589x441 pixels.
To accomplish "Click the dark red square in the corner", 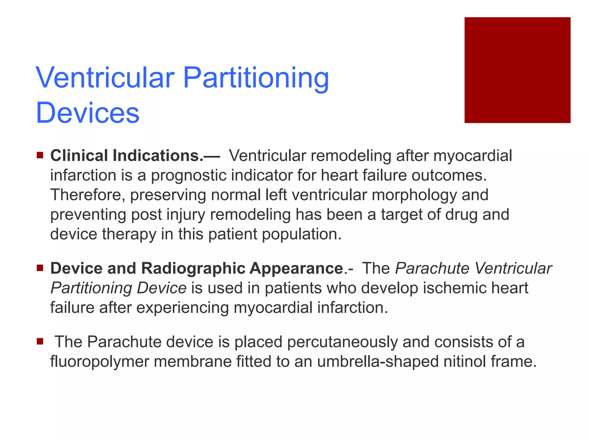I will point(517,70).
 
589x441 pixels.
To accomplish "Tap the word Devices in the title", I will point(88,113).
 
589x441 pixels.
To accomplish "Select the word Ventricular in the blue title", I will point(105,78).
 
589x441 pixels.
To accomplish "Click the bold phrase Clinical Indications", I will point(127,156).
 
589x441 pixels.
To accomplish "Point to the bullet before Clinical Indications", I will point(40,156).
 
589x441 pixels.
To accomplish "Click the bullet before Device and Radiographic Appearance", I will point(40,268).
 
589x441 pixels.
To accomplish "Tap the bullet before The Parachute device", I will point(40,342).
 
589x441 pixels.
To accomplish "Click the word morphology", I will point(414,195).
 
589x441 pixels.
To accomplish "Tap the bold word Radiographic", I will point(193,268).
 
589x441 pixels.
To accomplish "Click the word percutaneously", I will point(342,342).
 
